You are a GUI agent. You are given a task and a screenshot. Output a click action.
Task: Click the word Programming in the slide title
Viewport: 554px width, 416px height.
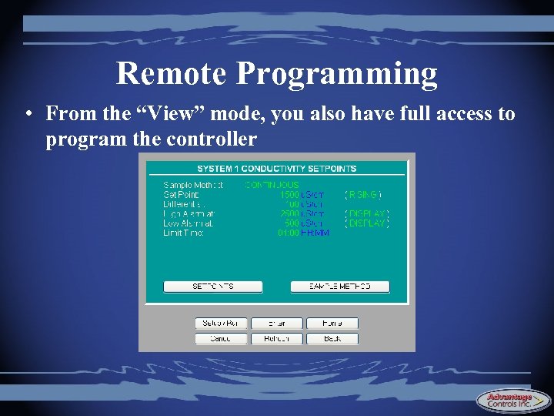click(x=337, y=75)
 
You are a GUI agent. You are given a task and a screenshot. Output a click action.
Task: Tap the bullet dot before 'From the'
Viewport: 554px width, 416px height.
click(x=27, y=115)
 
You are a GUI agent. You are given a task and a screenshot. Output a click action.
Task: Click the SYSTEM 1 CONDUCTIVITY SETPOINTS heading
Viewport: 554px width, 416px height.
click(x=277, y=169)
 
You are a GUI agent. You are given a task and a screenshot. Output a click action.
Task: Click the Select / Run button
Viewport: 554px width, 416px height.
click(x=221, y=324)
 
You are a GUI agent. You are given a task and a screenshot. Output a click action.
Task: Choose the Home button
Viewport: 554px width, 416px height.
click(x=332, y=324)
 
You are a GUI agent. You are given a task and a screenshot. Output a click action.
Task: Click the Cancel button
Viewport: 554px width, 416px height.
click(x=221, y=338)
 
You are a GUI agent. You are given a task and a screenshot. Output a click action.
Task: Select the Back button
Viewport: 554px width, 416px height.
click(x=332, y=338)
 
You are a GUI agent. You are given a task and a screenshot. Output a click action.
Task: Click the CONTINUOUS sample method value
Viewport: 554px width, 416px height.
click(x=272, y=185)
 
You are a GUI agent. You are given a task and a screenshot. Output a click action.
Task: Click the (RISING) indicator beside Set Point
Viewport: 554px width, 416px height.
click(x=364, y=195)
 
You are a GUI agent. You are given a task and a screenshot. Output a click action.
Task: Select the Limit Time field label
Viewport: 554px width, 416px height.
click(x=183, y=233)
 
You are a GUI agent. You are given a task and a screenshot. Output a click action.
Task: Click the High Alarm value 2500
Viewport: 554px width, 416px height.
click(x=289, y=213)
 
